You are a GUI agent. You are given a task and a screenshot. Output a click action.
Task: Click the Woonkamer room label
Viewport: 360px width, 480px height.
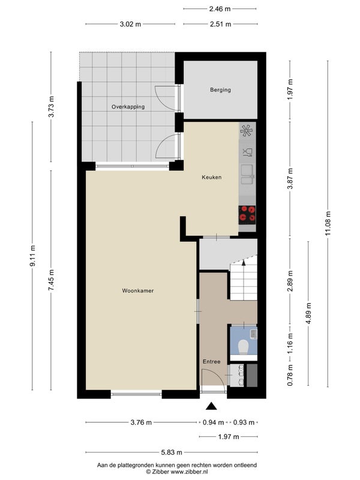pos(138,291)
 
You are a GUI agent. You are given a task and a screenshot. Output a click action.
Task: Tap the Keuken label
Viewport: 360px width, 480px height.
pos(212,177)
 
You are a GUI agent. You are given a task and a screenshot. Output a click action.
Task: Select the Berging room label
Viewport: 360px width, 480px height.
pos(220,90)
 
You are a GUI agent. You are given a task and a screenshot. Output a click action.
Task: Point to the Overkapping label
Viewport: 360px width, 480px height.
pos(128,107)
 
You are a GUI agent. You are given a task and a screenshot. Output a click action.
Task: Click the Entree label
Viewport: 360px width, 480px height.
pos(212,362)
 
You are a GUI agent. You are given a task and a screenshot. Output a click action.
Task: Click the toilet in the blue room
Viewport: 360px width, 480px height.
pos(244,347)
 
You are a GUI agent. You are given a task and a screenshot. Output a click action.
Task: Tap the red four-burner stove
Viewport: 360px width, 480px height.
pos(247,214)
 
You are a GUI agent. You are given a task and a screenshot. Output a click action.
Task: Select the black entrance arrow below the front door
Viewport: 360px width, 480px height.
pos(211,406)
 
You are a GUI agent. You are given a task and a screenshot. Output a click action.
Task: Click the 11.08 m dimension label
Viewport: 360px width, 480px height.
pos(328,224)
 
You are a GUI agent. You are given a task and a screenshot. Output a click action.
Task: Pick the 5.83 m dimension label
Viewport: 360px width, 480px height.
pos(172,452)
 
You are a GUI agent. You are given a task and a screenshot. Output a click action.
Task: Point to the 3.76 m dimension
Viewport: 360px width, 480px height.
pos(141,422)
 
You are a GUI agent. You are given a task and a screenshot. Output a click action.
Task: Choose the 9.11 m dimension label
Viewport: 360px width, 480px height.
pos(32,256)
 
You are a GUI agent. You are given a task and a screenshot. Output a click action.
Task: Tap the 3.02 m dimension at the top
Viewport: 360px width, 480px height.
pos(130,24)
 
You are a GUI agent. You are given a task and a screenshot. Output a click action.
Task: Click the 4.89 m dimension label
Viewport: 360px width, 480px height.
pos(308,313)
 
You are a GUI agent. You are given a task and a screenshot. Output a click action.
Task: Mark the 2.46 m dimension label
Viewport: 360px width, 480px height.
pos(220,9)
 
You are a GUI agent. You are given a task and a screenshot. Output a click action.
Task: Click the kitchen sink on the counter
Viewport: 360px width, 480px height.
pos(247,175)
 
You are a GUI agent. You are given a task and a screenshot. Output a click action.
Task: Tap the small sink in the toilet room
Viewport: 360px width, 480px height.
pos(253,334)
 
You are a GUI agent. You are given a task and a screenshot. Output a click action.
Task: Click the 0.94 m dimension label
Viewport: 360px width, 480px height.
pos(213,422)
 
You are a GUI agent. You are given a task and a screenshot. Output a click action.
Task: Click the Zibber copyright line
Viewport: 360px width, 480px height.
pos(177,472)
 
